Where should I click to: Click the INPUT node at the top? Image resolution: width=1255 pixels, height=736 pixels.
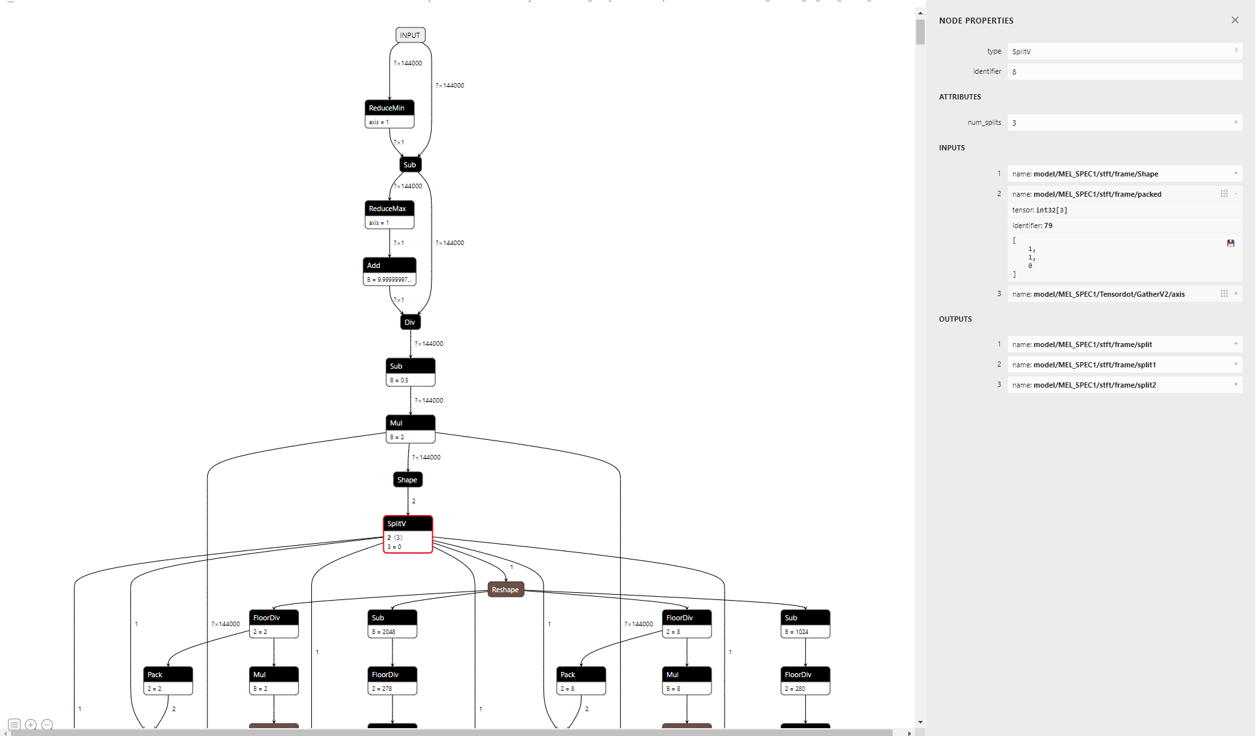click(410, 35)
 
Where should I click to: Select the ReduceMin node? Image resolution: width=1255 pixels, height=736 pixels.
click(389, 109)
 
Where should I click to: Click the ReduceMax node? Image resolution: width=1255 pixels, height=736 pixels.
click(389, 209)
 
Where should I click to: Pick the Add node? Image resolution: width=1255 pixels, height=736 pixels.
click(389, 265)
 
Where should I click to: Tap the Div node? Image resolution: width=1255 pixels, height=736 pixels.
click(410, 322)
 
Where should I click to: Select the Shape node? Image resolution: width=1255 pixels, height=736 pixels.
click(407, 480)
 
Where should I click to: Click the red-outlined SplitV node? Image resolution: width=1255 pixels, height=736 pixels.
click(407, 524)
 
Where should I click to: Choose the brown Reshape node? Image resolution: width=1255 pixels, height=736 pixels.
click(506, 590)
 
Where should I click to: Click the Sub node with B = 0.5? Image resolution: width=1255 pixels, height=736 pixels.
click(410, 367)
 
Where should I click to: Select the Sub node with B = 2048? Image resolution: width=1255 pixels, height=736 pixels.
click(392, 618)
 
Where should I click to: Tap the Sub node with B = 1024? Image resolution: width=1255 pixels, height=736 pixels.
click(805, 618)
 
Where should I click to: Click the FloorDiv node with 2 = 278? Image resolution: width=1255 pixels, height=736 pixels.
click(392, 675)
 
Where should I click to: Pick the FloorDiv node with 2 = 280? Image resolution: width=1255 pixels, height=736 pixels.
click(805, 675)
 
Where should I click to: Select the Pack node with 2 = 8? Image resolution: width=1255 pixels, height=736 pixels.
click(581, 675)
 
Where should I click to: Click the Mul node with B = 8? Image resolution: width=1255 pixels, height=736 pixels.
click(687, 675)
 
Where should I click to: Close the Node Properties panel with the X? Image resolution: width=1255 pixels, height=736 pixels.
click(1235, 20)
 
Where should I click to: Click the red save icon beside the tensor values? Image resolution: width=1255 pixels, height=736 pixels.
click(1231, 243)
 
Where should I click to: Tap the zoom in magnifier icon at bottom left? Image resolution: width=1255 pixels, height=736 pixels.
click(31, 725)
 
